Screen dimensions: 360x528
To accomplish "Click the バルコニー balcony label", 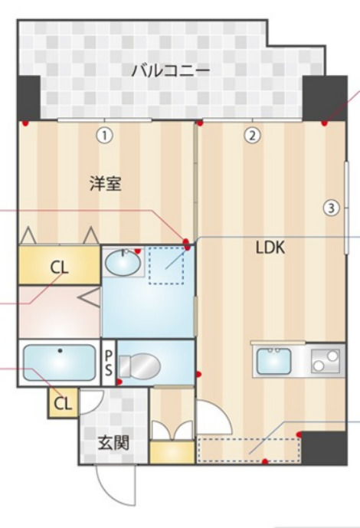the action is pyautogui.click(x=171, y=71).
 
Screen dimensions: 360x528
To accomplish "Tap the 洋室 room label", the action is pyautogui.click(x=106, y=184).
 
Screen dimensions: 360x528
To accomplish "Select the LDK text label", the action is pyautogui.click(x=270, y=248).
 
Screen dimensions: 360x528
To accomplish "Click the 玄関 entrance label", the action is pyautogui.click(x=113, y=442).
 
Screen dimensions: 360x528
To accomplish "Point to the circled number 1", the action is pyautogui.click(x=105, y=136).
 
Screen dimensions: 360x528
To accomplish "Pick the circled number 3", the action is pyautogui.click(x=331, y=208).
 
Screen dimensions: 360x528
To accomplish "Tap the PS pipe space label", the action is pyautogui.click(x=108, y=362).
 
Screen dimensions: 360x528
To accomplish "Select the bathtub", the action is pyautogui.click(x=59, y=362).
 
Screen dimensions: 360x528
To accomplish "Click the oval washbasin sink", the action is pyautogui.click(x=123, y=262).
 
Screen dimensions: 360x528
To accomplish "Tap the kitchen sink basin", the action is pyautogui.click(x=274, y=361).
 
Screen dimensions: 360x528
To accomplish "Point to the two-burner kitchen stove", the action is pyautogui.click(x=326, y=361).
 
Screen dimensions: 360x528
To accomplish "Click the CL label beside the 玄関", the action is pyautogui.click(x=63, y=403).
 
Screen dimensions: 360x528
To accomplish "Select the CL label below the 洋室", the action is pyautogui.click(x=59, y=268).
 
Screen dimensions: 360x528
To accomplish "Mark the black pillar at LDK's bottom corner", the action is pyautogui.click(x=324, y=448).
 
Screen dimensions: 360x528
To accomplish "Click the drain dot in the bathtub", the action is pyautogui.click(x=61, y=351).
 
